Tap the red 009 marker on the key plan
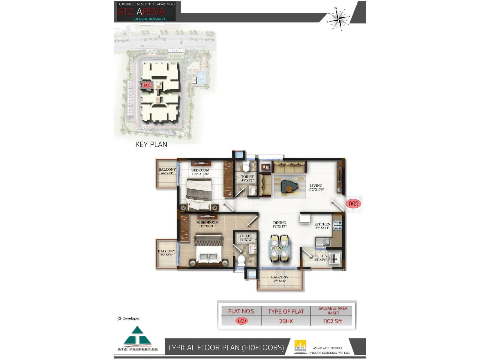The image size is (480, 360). coord(147,85)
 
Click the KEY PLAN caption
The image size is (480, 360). coord(151,144)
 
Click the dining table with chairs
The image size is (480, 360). coord(279,248)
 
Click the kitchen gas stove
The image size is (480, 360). coord(338,225)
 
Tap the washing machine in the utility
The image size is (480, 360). coord(334,259)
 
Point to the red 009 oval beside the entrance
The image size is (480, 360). coord(353,204)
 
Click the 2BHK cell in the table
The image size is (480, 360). coord(286,321)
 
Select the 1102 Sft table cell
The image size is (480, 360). coord(333,321)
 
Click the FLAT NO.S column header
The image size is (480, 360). coord(241,311)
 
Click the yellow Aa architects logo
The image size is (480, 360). coord(300,346)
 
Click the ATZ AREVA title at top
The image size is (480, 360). coord(141,12)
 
